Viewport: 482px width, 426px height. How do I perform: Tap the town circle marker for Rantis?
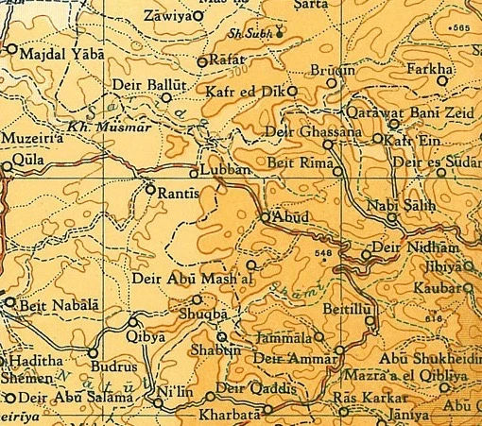click(150, 189)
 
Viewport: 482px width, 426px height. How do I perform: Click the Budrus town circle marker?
click(94, 353)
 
